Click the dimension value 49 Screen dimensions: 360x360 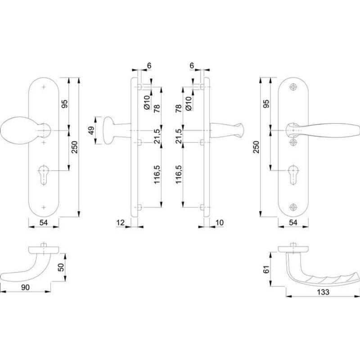click(x=91, y=130)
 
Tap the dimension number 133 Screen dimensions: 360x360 click(x=323, y=292)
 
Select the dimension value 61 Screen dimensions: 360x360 click(x=266, y=269)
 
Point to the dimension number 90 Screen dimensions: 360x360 click(x=25, y=287)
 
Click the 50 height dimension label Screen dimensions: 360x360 click(x=61, y=267)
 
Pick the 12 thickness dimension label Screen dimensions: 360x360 click(x=120, y=222)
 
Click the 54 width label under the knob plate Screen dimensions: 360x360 click(x=44, y=222)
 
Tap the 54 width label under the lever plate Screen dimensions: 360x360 click(x=293, y=222)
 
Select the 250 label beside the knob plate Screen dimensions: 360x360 click(x=75, y=148)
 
